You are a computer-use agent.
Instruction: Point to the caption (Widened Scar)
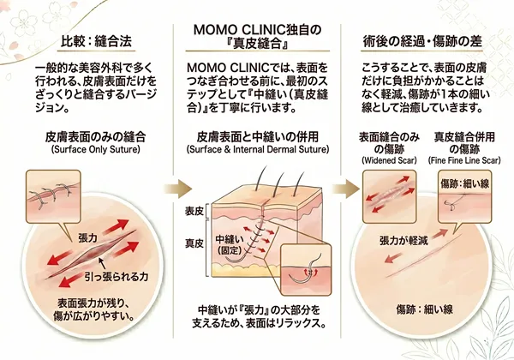387,159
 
